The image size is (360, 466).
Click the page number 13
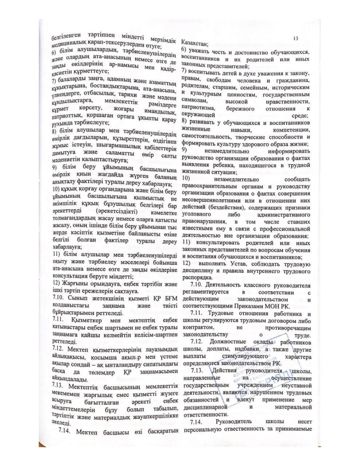(x=295, y=38)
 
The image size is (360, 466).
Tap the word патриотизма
(x=197, y=108)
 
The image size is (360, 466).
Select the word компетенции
(x=292, y=130)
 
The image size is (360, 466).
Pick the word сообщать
(x=297, y=179)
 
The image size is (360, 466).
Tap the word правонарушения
(x=204, y=221)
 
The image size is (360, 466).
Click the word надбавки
(x=249, y=349)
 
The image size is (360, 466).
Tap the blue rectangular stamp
(x=248, y=379)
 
